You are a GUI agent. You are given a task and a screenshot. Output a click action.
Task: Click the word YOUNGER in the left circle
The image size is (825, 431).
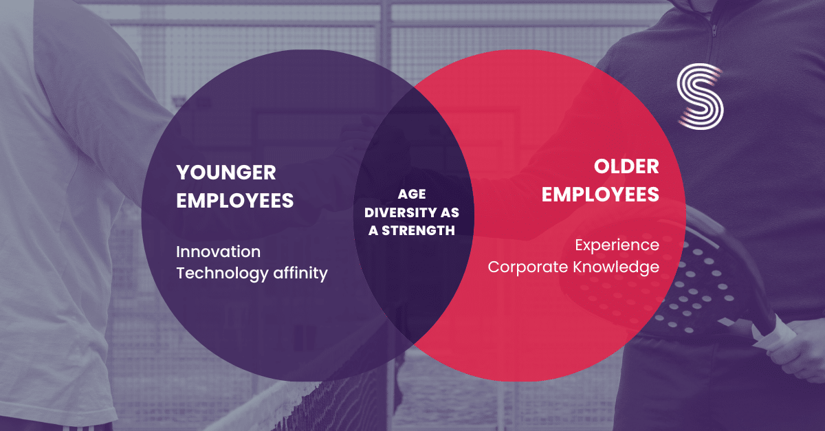pyautogui.click(x=226, y=171)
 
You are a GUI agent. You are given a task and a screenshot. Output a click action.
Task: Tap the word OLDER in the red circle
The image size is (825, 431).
pyautogui.click(x=626, y=166)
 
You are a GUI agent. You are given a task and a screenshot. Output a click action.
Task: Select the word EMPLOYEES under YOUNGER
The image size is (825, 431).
pyautogui.click(x=235, y=201)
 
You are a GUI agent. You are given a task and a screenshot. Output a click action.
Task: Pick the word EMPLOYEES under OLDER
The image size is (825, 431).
pyautogui.click(x=600, y=195)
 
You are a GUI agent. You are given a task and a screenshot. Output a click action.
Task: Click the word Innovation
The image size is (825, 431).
pyautogui.click(x=219, y=251)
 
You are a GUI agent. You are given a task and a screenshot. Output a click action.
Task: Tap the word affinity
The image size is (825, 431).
pyautogui.click(x=300, y=273)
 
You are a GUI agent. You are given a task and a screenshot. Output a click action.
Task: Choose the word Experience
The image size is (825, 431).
pyautogui.click(x=617, y=245)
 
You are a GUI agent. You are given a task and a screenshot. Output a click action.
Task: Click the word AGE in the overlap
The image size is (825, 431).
pyautogui.click(x=412, y=195)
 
